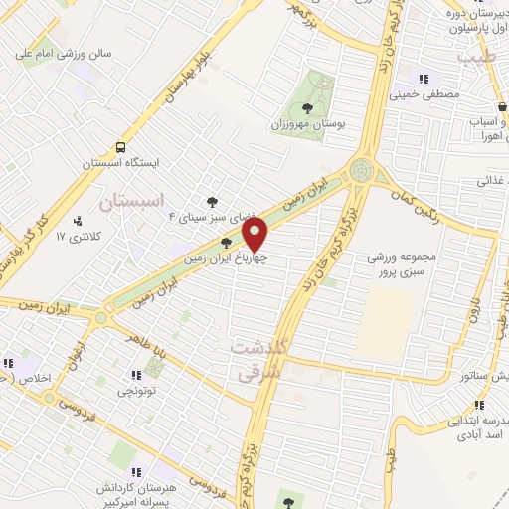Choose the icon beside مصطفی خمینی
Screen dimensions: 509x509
[424, 80]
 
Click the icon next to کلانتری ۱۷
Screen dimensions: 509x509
[79, 221]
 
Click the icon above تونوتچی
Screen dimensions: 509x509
[135, 375]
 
